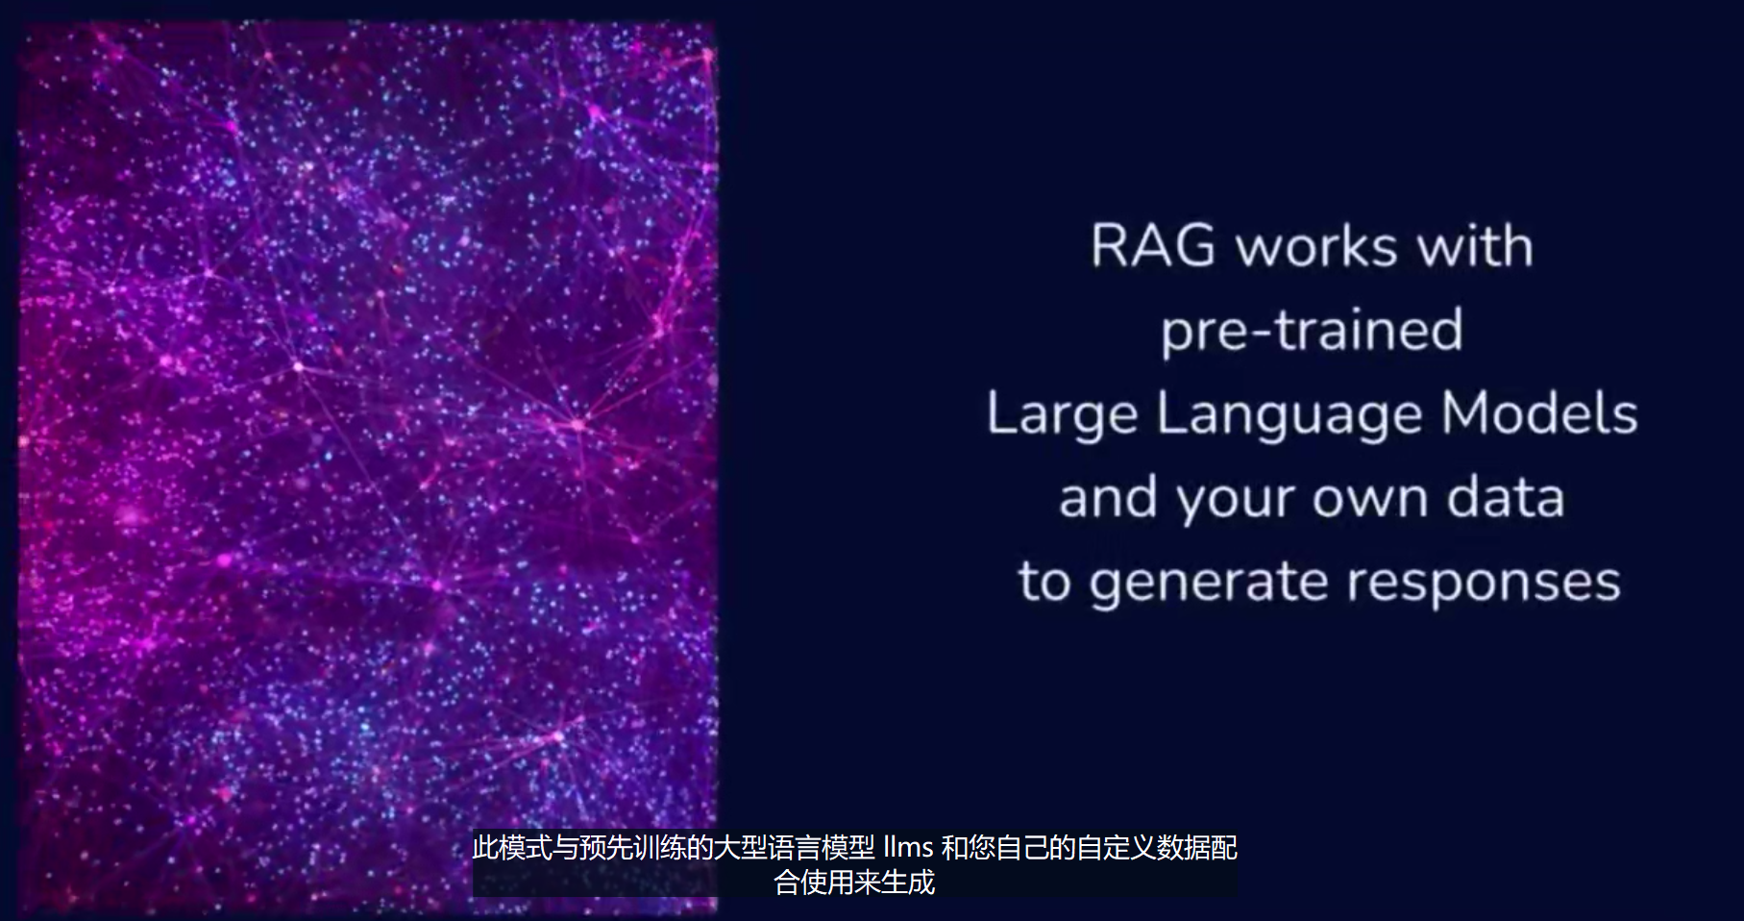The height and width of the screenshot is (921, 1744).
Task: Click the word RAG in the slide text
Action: (1153, 246)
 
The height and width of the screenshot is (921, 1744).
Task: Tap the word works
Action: (1316, 247)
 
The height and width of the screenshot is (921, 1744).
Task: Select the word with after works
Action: (1475, 246)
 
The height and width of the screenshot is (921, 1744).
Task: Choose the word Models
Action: (1539, 413)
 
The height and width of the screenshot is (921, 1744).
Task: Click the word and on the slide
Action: (1108, 498)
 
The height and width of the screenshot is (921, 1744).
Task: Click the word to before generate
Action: (1044, 583)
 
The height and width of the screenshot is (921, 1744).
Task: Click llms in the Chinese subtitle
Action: (908, 847)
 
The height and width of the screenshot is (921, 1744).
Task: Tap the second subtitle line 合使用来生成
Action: (854, 882)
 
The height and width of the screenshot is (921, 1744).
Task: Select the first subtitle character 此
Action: (485, 847)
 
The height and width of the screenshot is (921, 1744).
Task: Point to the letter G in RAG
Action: (1192, 246)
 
